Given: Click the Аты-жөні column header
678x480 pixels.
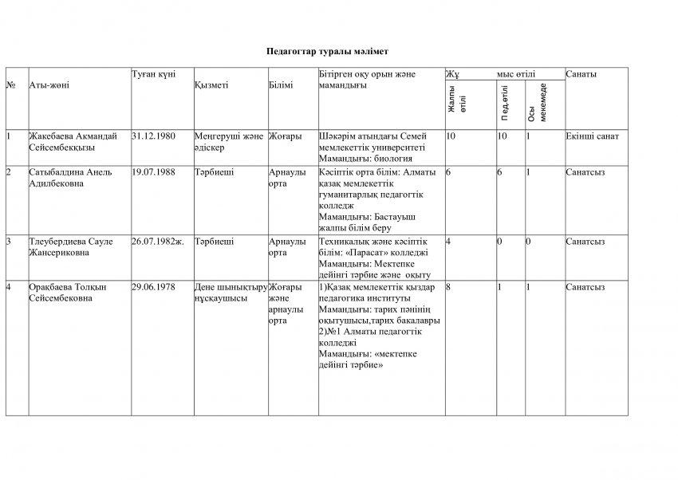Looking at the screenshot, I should coord(49,85).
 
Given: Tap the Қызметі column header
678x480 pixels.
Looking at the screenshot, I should coord(211,85).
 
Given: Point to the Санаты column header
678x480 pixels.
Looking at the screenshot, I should coord(581,74).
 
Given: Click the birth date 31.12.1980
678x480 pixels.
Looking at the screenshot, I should coord(153,136).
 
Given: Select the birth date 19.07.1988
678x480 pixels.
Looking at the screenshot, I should coord(153,171).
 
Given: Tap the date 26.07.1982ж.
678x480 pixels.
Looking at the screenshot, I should coord(158,241).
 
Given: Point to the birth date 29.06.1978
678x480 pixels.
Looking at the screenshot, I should coord(153,286).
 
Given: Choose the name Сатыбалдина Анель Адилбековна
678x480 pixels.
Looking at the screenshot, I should coord(70,177).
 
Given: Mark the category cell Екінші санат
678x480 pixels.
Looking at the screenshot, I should coord(592,136).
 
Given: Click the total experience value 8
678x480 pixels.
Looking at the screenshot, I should coord(450,286).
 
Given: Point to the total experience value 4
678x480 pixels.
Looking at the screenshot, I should coord(450,241).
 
